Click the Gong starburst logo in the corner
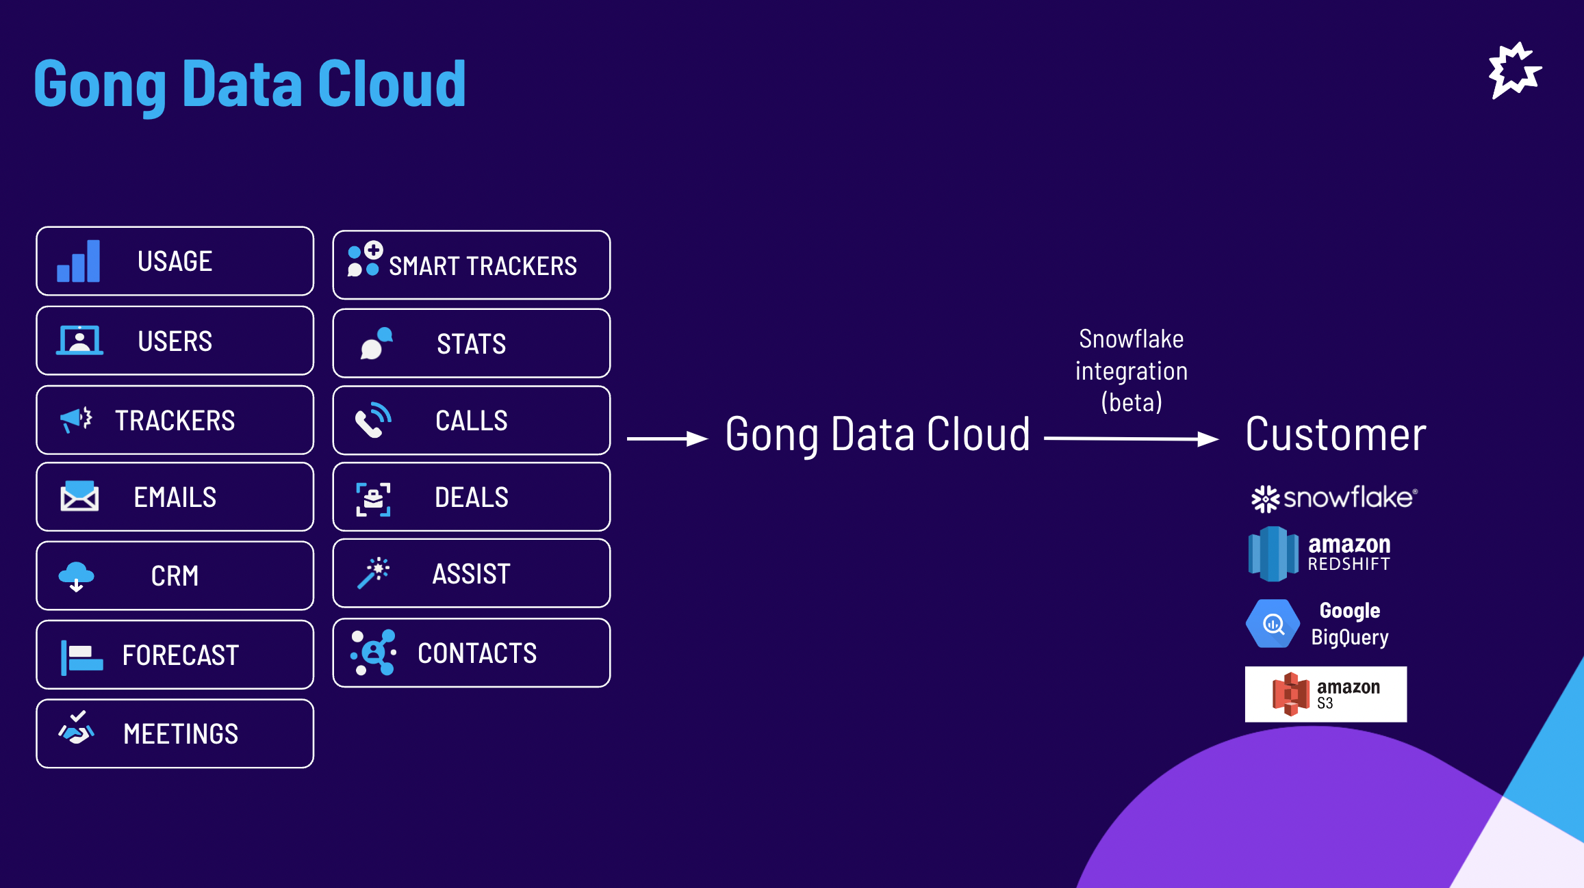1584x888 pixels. click(1515, 70)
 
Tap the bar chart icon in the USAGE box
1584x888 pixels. click(78, 261)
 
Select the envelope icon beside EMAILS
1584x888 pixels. click(79, 496)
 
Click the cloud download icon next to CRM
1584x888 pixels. click(76, 576)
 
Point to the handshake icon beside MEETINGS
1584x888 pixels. click(76, 728)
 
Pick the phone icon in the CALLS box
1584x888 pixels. click(373, 419)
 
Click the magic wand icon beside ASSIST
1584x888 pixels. click(373, 573)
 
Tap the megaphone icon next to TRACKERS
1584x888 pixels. click(76, 419)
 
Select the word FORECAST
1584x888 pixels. click(181, 655)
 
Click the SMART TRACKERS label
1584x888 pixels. click(483, 265)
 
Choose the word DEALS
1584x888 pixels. click(472, 497)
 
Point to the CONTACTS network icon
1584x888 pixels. click(373, 653)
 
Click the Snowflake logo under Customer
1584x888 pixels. click(1334, 498)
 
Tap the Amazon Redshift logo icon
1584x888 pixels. click(1273, 553)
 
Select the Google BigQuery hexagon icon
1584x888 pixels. click(1273, 623)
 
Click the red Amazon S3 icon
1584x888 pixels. click(1290, 694)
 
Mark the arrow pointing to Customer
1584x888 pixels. click(1132, 439)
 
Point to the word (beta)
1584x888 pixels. click(1132, 402)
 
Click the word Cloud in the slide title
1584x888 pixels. click(392, 83)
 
